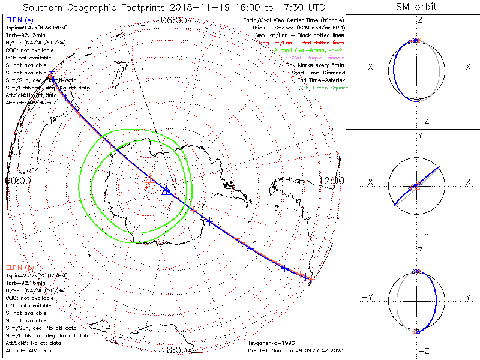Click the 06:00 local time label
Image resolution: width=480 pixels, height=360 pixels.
pos(174,20)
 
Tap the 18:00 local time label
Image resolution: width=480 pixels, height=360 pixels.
pos(174,350)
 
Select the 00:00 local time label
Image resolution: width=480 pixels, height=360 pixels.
pos(18,180)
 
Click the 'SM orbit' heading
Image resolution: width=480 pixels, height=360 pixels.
pos(416,7)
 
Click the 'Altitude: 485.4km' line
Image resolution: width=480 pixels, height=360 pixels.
pos(29,103)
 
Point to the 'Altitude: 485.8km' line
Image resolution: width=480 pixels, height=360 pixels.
pos(29,350)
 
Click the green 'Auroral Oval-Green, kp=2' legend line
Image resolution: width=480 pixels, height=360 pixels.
pos(308,51)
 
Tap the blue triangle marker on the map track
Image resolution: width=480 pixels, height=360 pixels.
pos(166,190)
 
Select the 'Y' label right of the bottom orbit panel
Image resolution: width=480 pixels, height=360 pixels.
pos(467,297)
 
